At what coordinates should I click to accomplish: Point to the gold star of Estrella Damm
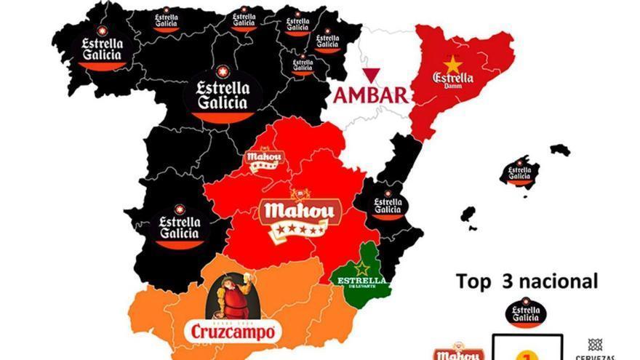pos(453,64)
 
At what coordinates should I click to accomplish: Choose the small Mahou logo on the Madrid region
pos(260,159)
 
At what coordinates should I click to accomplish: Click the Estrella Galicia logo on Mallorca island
pos(519,172)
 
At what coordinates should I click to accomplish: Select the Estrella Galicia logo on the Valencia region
pos(388,205)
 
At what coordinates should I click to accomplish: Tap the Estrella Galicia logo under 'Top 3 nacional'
pos(526,313)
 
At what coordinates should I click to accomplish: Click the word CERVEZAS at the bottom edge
pos(595,356)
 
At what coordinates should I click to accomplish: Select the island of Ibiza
pos(468,215)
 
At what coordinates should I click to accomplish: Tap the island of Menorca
pos(560,149)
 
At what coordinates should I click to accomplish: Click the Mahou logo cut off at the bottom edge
pos(458,352)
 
